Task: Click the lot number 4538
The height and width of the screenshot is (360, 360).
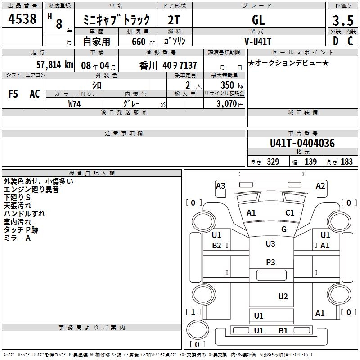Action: coord(23,19)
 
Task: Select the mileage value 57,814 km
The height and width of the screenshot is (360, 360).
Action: coord(54,65)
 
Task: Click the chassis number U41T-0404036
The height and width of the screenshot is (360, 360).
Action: coord(302,144)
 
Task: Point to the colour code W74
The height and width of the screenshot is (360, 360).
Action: coord(75,104)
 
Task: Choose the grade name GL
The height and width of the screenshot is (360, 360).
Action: coord(258,20)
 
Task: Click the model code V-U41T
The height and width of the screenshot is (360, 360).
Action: coord(258,41)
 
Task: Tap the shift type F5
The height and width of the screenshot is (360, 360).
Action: coord(13,94)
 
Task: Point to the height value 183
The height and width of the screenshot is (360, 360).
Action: coord(346,162)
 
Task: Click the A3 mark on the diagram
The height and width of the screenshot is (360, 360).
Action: coord(220,185)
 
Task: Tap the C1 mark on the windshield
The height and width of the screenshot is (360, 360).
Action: coord(290,212)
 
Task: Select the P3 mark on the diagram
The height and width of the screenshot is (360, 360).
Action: coord(270,261)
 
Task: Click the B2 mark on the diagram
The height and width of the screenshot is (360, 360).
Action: coord(216,246)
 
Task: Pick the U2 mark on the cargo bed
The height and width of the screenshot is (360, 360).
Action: coord(283,296)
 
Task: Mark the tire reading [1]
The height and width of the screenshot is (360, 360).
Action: coord(193,312)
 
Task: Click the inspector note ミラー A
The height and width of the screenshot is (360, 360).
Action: coord(17,238)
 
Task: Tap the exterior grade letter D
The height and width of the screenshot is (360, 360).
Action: coord(335,41)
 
